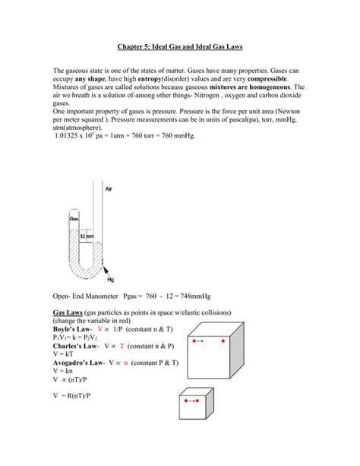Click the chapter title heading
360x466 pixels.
pyautogui.click(x=179, y=46)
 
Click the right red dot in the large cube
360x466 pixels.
pyautogui.click(x=223, y=341)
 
